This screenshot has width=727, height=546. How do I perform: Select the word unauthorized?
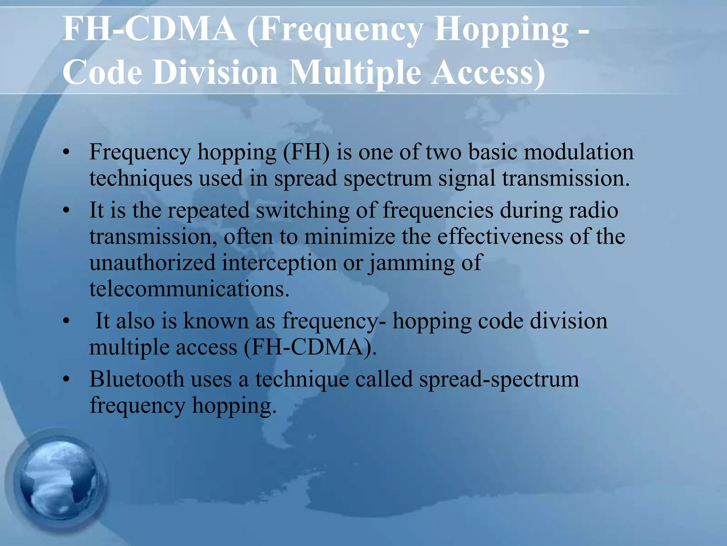point(153,263)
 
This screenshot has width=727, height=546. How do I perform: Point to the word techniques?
point(141,179)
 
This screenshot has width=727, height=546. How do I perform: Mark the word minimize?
point(349,237)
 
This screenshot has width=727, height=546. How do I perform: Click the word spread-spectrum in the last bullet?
point(499,380)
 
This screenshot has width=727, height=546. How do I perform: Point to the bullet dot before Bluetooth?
point(66,380)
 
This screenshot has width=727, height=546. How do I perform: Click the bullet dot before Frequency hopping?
point(66,153)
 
